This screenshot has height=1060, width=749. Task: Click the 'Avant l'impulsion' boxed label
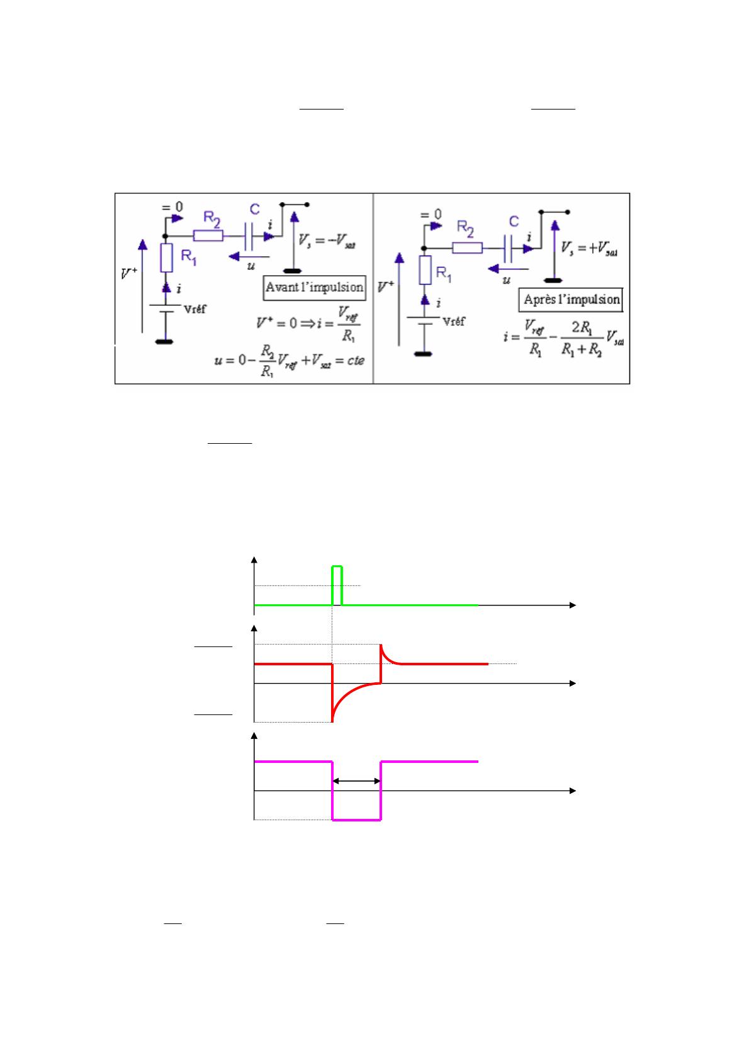click(314, 287)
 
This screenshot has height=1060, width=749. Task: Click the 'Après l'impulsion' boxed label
click(572, 300)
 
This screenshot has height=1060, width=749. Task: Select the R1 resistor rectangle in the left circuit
click(167, 257)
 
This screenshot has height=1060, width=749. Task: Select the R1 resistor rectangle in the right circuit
click(425, 270)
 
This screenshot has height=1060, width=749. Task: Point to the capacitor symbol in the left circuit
click(251, 236)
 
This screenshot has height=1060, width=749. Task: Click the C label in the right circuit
click(514, 222)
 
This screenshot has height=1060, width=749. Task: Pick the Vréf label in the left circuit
click(194, 309)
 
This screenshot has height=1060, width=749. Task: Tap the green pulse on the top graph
click(337, 584)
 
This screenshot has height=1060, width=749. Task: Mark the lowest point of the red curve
click(332, 721)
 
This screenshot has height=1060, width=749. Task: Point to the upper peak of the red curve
click(381, 645)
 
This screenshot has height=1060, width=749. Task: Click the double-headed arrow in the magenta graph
click(356, 781)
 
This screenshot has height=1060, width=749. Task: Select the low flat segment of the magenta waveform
click(356, 820)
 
